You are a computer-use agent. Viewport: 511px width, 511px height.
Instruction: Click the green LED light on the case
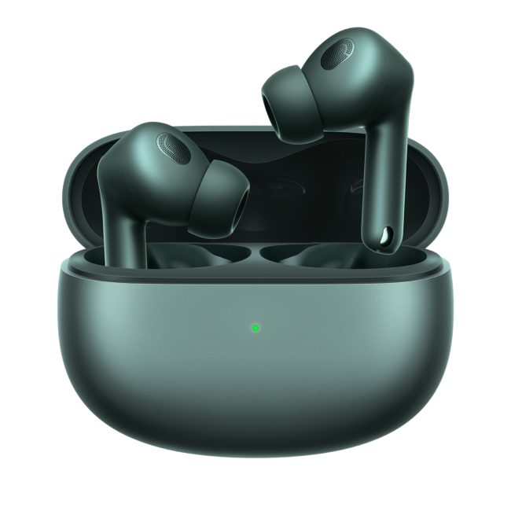tap(256, 327)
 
